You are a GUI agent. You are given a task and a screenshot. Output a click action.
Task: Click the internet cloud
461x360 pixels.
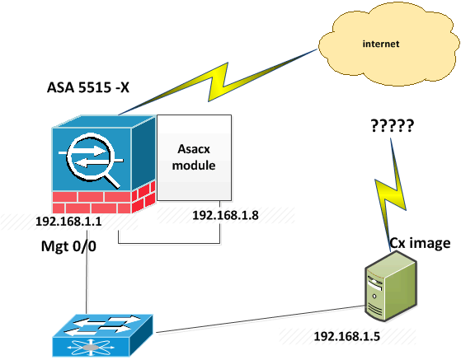tap(389, 43)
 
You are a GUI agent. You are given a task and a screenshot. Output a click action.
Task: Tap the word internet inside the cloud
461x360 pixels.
tap(381, 44)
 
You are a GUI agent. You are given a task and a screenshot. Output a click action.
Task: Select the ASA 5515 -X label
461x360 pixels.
tap(88, 87)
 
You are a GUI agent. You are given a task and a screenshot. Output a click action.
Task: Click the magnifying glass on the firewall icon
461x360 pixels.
tap(93, 160)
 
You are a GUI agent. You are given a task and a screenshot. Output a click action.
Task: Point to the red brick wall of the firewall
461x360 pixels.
tap(103, 199)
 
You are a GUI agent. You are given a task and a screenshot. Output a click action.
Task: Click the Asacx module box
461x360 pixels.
tap(195, 157)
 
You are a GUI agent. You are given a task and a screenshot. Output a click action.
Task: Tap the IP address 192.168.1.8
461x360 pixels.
tap(225, 215)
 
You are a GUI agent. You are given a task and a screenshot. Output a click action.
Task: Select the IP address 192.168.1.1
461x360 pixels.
tap(68, 221)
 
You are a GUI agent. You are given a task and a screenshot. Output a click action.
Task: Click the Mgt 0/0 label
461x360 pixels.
tap(68, 245)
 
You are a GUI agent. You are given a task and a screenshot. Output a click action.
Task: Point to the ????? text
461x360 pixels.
tap(393, 126)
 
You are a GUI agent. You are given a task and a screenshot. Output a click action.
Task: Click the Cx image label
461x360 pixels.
tap(420, 243)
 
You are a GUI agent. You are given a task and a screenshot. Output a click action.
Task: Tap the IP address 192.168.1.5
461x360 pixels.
tap(347, 336)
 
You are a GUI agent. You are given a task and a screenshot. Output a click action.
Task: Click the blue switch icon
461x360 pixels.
tap(102, 335)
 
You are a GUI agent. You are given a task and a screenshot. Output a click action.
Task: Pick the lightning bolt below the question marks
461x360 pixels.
tap(390, 194)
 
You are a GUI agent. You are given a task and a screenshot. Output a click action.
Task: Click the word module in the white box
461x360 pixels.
tap(194, 166)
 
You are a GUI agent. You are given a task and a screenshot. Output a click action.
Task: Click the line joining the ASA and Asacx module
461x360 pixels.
tap(169, 243)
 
